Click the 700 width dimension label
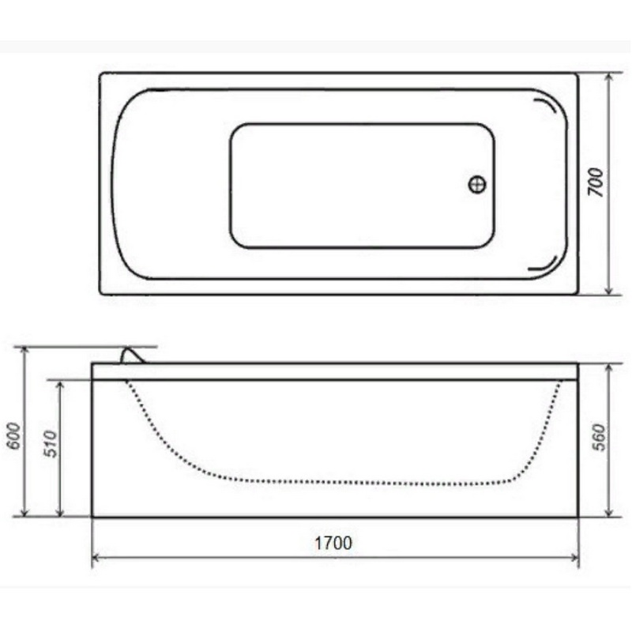(x=596, y=182)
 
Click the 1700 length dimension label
(x=333, y=543)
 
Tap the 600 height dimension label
(x=13, y=435)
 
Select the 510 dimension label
(x=51, y=444)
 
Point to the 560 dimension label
(x=599, y=438)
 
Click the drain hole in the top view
(x=477, y=184)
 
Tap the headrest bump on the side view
(x=132, y=355)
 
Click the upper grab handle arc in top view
(x=546, y=106)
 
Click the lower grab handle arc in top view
(x=544, y=263)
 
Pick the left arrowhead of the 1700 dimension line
(x=96, y=558)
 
